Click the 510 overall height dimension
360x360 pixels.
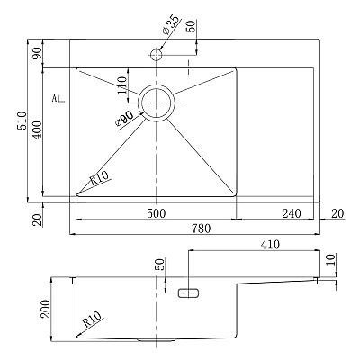(22, 121)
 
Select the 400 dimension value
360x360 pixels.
(37, 130)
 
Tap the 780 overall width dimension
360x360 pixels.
(201, 229)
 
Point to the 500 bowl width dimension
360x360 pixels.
(157, 213)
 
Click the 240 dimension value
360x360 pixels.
(292, 213)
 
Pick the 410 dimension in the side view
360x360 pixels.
(270, 245)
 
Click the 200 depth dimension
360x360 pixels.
(46, 309)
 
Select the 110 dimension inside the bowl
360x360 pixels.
(122, 85)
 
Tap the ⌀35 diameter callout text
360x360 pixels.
(171, 23)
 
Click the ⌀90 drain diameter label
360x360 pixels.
(124, 118)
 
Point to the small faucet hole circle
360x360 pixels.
(156, 55)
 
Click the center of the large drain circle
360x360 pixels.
(157, 103)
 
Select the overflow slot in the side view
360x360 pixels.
(188, 292)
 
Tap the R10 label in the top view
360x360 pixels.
(99, 179)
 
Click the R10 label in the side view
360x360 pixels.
(93, 319)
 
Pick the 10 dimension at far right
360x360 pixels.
(330, 260)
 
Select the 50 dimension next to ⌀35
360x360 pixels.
(191, 26)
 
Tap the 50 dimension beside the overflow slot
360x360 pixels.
(161, 265)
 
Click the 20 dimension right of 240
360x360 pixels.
(337, 213)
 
